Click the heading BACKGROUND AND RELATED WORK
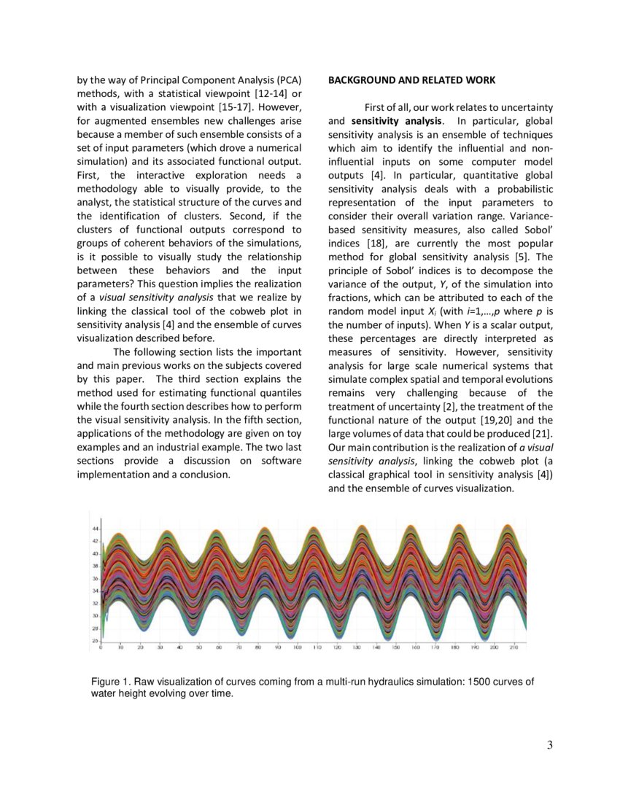coord(411,79)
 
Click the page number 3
coord(549,744)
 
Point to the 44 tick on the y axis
coord(95,528)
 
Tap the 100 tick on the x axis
coord(298,647)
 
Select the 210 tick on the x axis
coord(514,647)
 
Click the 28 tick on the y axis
coord(95,628)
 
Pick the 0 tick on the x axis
coord(101,647)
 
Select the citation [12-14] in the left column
coord(270,93)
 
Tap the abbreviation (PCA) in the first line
coord(290,79)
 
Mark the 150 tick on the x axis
coord(395,647)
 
